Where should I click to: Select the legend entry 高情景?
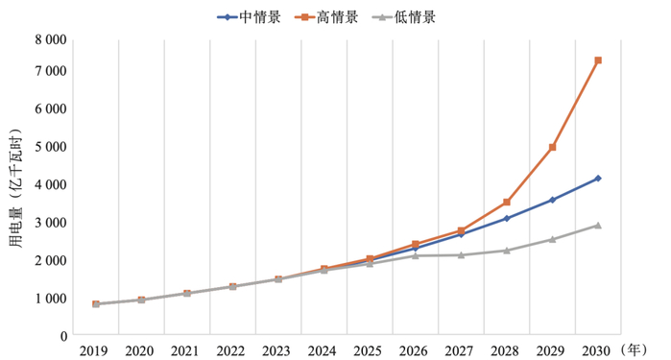(329, 16)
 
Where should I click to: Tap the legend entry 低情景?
(411, 16)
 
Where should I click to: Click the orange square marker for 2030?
(598, 60)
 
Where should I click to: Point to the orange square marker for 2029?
(552, 147)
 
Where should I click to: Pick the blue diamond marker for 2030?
(598, 179)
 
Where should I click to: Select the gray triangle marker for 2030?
(598, 225)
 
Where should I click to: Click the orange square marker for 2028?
(507, 203)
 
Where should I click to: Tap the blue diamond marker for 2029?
(552, 200)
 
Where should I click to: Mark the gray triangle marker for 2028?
(507, 251)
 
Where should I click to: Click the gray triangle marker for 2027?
(461, 254)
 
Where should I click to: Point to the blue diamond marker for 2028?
(507, 219)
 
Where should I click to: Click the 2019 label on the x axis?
(95, 349)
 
